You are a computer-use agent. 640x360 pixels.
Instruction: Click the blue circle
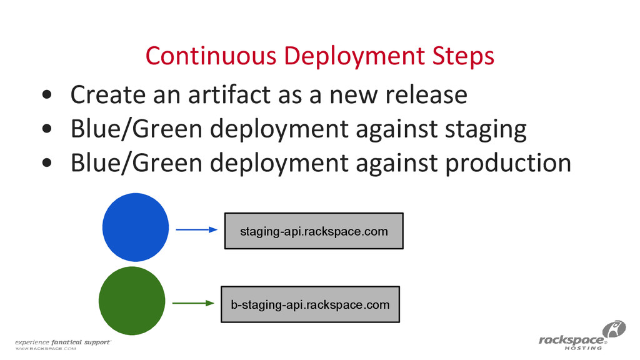pos(135,229)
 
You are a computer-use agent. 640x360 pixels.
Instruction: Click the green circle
pos(132,301)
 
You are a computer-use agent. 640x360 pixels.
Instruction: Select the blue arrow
pos(196,230)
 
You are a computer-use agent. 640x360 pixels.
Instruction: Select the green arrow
pos(192,304)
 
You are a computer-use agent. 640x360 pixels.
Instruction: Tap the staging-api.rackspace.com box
pos(314,231)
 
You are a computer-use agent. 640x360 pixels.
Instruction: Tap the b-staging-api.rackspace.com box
pos(310,304)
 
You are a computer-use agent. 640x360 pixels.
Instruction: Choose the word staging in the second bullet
pos(485,129)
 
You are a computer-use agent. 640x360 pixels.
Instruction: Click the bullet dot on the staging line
pos(47,130)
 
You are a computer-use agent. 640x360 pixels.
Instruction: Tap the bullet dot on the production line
pos(47,164)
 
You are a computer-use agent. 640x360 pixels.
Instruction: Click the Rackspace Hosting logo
pos(581,337)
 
